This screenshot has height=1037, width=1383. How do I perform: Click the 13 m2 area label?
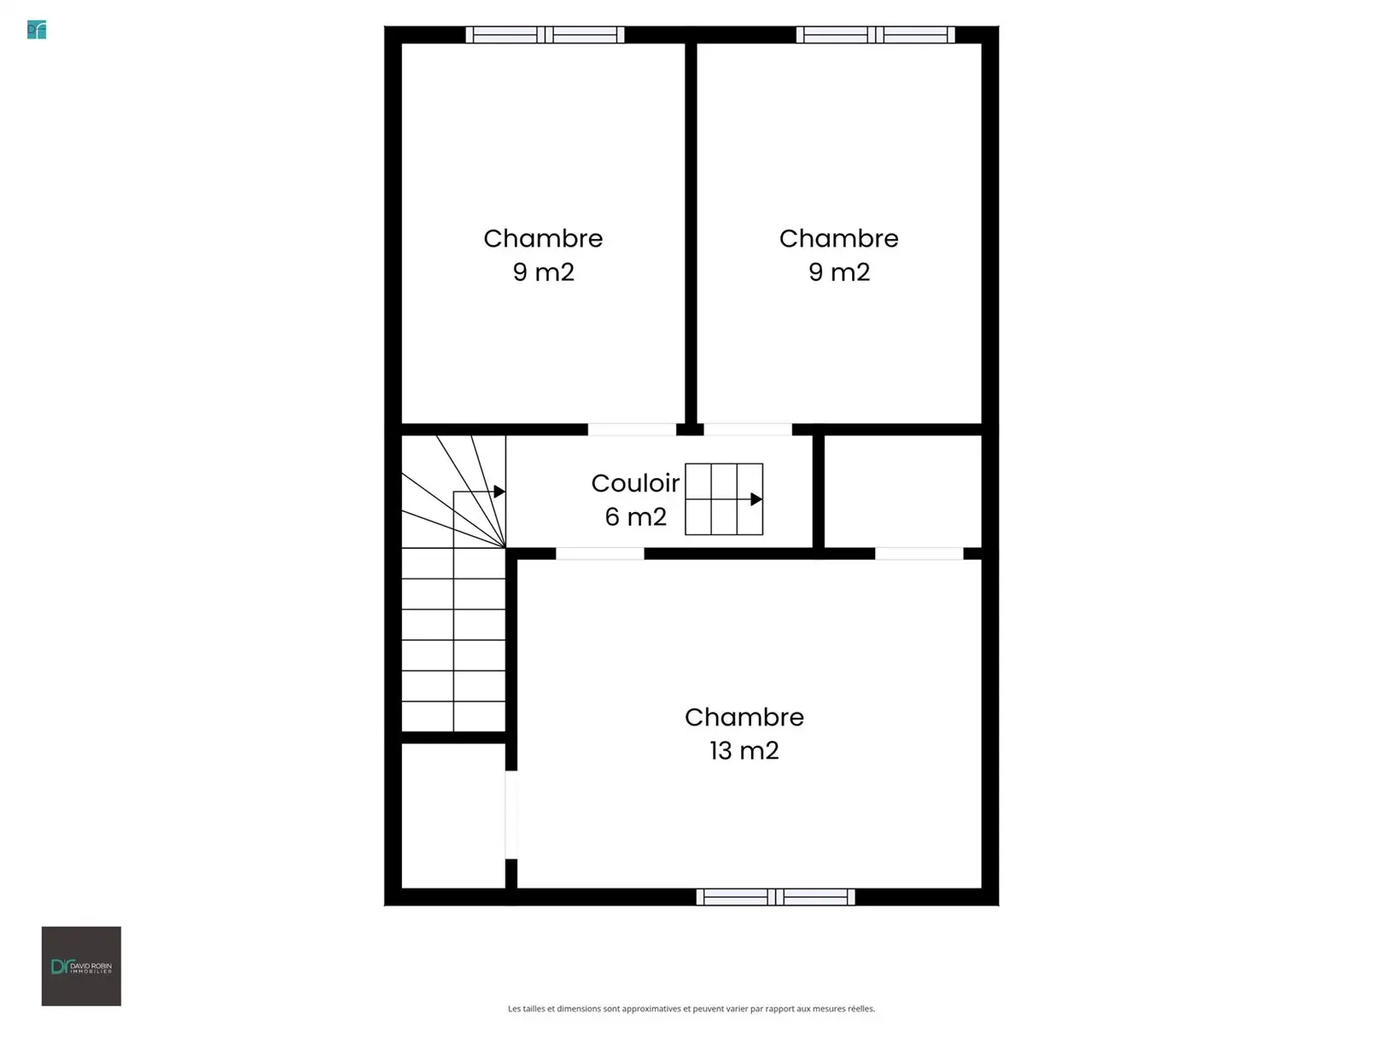point(744,750)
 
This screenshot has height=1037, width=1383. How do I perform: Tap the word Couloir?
point(635,483)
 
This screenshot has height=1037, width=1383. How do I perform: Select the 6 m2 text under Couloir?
point(635,517)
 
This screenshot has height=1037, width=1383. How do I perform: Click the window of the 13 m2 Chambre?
point(775,896)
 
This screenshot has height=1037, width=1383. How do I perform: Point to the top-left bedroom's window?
point(545,35)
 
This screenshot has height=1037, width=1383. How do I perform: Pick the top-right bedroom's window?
point(876,35)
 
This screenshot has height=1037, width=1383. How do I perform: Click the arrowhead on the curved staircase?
point(499,491)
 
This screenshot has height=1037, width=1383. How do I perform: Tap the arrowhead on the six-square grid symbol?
point(756,499)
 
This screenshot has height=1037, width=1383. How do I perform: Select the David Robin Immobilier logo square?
point(81,966)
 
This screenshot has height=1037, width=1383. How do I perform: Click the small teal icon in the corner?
point(37,30)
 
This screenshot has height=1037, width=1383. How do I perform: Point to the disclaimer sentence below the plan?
point(691,1009)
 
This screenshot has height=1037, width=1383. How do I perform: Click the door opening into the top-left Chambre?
point(632,429)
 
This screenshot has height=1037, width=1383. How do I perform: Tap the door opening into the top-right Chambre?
point(748,429)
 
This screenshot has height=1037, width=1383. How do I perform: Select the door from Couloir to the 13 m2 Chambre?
point(600,553)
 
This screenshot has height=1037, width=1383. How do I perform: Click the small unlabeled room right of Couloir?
point(903,491)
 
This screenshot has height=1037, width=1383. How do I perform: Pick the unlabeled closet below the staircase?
point(453,816)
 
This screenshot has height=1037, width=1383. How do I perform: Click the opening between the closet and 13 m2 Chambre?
point(511,815)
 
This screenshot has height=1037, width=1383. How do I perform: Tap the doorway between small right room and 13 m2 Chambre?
point(919,553)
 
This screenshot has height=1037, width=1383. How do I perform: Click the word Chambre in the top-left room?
point(543,239)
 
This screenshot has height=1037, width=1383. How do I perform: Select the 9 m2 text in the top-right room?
point(839,272)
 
